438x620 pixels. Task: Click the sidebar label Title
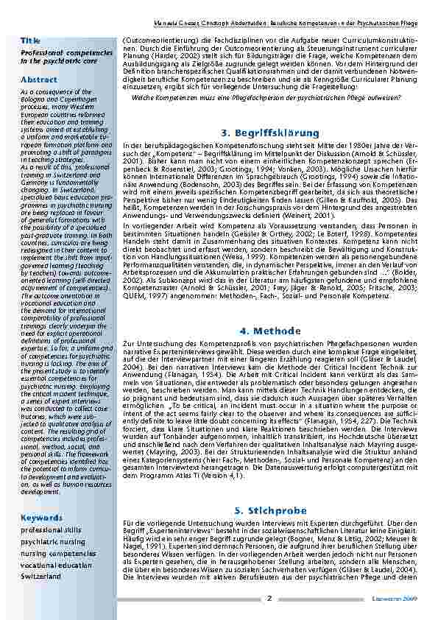30,39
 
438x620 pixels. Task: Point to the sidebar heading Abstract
39,79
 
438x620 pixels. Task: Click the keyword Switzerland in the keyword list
41,575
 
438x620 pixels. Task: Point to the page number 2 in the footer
269,598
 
